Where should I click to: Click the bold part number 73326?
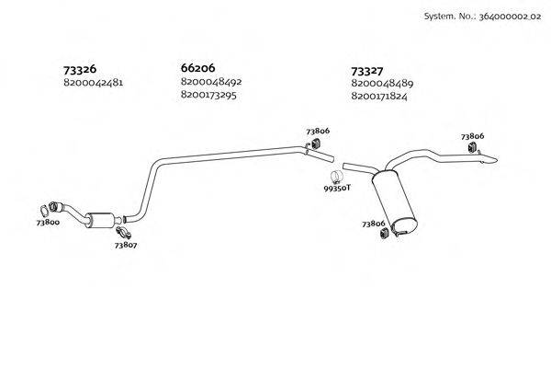pyautogui.click(x=80, y=69)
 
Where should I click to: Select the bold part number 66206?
pyautogui.click(x=198, y=68)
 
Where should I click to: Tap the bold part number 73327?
pyautogui.click(x=369, y=70)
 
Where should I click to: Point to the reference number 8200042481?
pyautogui.click(x=94, y=83)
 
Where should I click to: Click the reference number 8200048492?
pyautogui.click(x=212, y=82)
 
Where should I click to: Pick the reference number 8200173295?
pyautogui.click(x=212, y=95)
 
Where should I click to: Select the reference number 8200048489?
pyautogui.click(x=382, y=84)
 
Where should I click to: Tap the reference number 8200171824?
pyautogui.click(x=382, y=97)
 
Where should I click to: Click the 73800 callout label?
pyautogui.click(x=48, y=223)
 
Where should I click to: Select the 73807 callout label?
pyautogui.click(x=126, y=245)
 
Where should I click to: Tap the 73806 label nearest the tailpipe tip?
pyautogui.click(x=473, y=135)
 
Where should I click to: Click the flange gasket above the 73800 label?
pyautogui.click(x=48, y=208)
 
